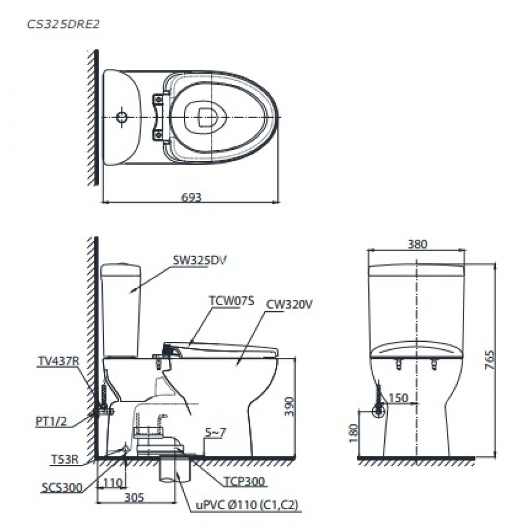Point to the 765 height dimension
(x=490, y=360)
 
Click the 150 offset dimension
(x=399, y=397)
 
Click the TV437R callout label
(x=58, y=361)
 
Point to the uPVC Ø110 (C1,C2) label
(x=244, y=506)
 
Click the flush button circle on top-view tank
(x=122, y=117)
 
